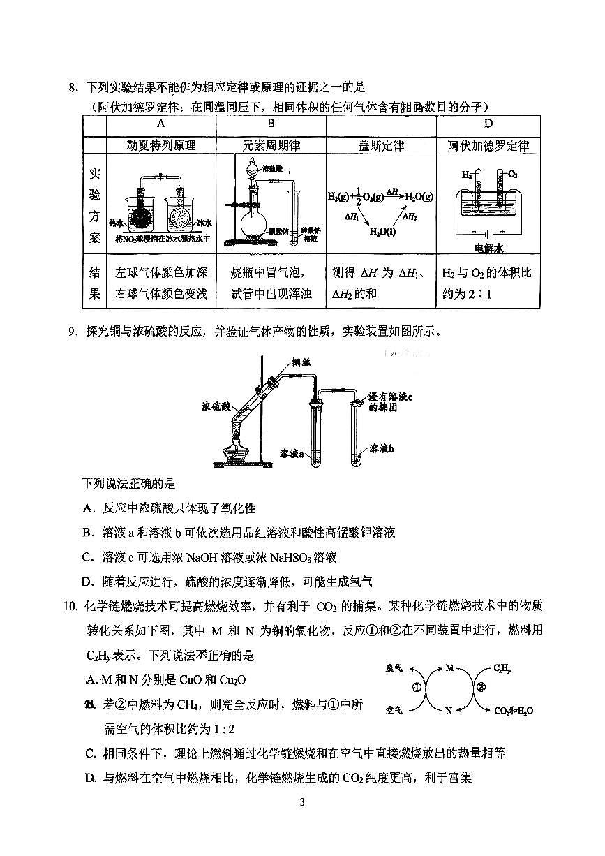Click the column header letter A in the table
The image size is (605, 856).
coord(160,124)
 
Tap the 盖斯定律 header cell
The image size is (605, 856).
coord(381,145)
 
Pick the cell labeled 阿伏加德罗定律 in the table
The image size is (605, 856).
coord(488,145)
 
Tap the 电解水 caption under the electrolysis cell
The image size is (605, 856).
coord(488,248)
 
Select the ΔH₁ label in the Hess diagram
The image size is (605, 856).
coord(352,217)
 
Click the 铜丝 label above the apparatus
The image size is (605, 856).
coord(301,362)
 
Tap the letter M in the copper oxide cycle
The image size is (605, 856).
coord(449,668)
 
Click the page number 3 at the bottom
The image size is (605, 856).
coord(302,802)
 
